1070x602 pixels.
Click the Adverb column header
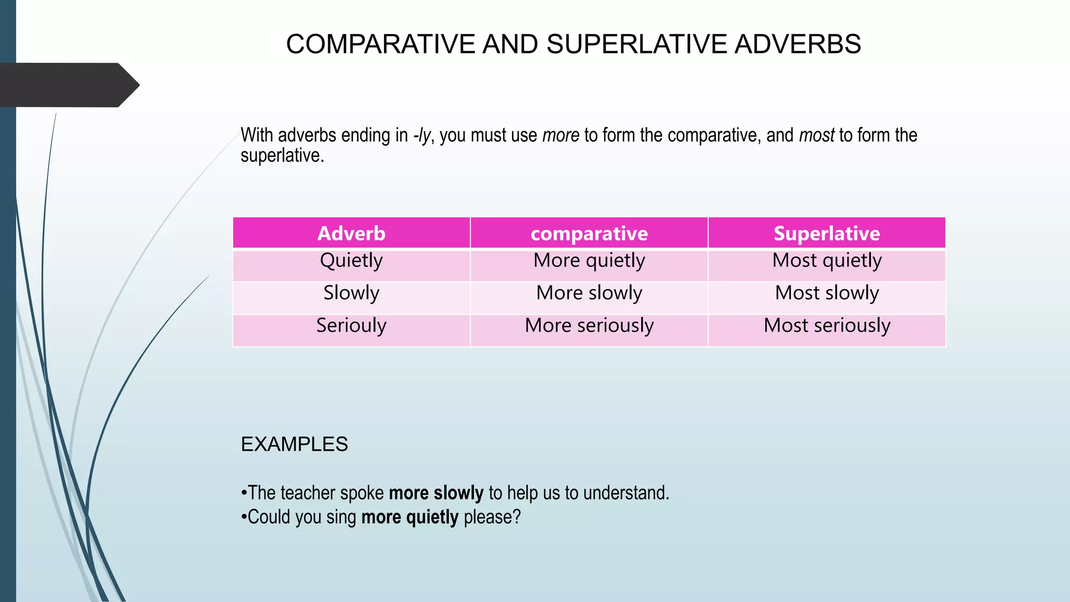coord(351,233)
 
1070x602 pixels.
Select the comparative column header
coord(589,233)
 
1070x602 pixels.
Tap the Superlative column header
coord(827,233)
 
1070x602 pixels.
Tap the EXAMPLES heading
coord(294,444)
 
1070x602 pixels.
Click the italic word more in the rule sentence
coord(561,135)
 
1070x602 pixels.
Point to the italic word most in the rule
coord(817,135)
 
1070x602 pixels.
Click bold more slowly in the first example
coord(436,493)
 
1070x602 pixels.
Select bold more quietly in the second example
coord(410,517)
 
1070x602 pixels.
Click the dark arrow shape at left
coord(68,85)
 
